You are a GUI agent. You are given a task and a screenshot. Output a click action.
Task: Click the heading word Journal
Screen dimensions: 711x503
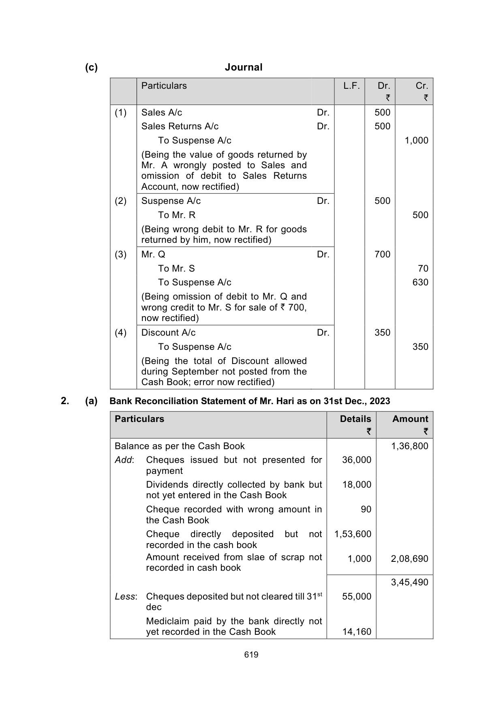coord(244,67)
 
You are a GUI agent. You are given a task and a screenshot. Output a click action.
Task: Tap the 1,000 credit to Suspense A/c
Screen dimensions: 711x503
coord(416,141)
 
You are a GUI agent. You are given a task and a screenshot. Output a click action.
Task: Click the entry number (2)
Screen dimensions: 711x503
coord(120,201)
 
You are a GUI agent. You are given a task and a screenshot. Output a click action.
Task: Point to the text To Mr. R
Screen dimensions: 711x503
coord(176,215)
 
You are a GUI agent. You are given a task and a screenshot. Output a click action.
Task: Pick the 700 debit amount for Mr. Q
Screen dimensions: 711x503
coord(382,255)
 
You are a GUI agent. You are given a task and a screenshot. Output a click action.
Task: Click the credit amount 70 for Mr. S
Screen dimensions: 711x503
coord(423,269)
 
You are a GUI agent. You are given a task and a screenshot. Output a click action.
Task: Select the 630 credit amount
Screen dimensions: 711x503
coord(420,283)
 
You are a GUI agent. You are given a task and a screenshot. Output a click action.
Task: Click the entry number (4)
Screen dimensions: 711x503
coord(120,333)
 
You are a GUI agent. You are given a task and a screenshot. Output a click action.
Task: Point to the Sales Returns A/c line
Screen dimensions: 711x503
coord(180,126)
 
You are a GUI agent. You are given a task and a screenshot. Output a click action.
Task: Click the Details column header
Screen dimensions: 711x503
coord(355,419)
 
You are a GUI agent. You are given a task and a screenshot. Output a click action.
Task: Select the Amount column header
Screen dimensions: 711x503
coord(410,419)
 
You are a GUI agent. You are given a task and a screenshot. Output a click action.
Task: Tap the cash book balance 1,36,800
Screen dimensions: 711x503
coord(409,446)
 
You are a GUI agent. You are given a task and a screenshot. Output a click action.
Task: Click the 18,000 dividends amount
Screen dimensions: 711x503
coord(357,485)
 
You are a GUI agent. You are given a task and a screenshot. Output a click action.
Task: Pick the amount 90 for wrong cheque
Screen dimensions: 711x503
coord(366,510)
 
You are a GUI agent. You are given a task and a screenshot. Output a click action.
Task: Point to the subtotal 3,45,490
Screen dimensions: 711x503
coord(409,583)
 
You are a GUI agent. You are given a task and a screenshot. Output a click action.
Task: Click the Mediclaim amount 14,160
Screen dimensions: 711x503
coord(357,632)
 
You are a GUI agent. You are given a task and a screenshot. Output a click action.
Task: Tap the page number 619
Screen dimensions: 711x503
coord(251,655)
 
